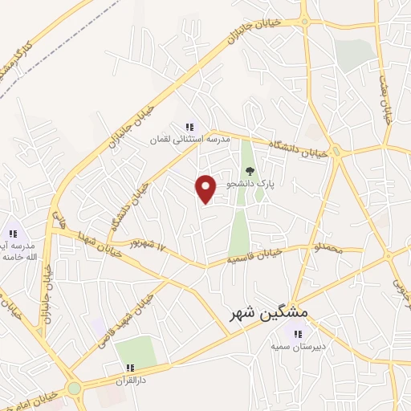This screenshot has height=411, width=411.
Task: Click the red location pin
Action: pos(206,189)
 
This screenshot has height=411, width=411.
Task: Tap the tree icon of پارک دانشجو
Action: pos(250,170)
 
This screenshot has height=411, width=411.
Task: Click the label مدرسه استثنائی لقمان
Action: pos(189,140)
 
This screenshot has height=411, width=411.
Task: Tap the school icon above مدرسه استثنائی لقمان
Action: pos(189,127)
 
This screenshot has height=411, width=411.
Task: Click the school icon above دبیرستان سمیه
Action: pos(298,334)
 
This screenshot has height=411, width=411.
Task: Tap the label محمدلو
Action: pos(329,250)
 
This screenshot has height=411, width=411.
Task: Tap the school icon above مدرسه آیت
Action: pos(13,234)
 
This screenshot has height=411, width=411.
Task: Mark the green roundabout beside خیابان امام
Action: pos(75,389)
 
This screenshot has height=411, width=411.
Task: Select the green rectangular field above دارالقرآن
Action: pos(136,351)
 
